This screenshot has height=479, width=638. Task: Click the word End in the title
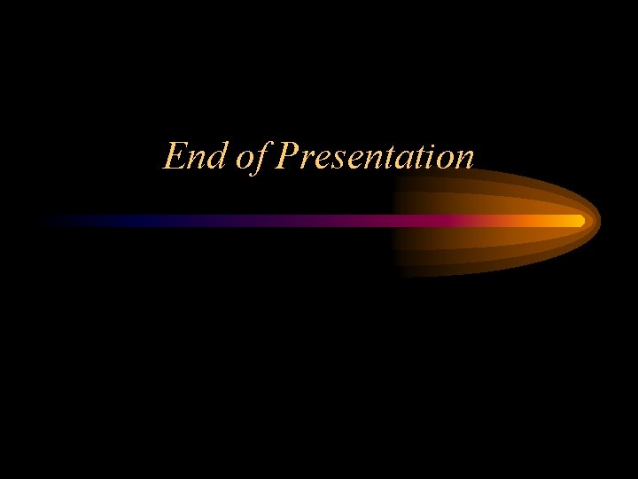[190, 157]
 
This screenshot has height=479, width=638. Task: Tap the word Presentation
[376, 157]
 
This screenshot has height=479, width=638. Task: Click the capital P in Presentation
[285, 157]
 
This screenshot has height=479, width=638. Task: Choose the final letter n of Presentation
[465, 161]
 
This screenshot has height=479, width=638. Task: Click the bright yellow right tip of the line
[580, 220]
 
